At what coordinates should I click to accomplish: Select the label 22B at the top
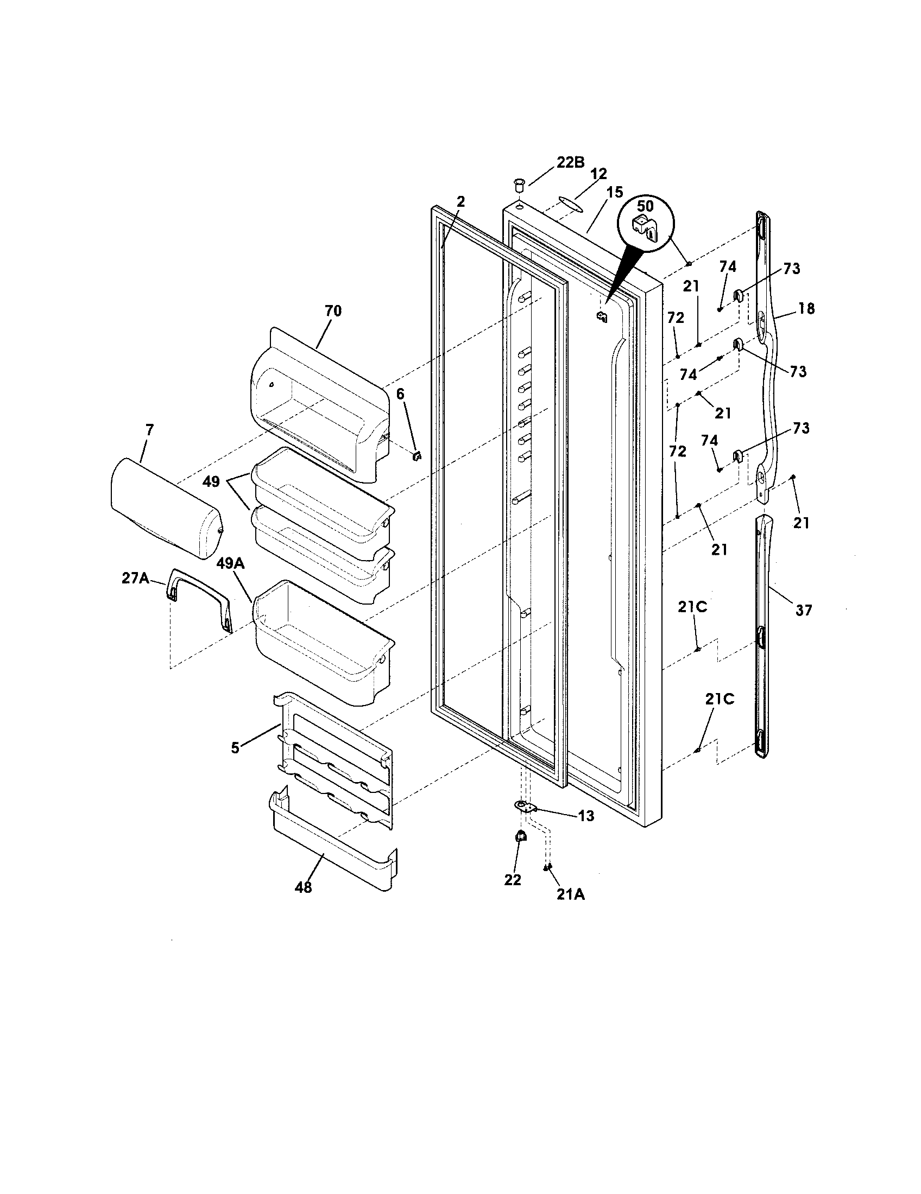click(570, 162)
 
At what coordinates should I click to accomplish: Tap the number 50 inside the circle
click(645, 207)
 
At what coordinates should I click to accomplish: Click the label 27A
click(135, 578)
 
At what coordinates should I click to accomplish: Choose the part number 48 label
click(303, 888)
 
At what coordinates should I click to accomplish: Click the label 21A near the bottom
click(571, 894)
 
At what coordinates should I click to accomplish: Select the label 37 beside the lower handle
click(803, 610)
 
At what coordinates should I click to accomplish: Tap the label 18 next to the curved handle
click(806, 308)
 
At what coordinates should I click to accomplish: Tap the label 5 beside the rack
click(235, 748)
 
